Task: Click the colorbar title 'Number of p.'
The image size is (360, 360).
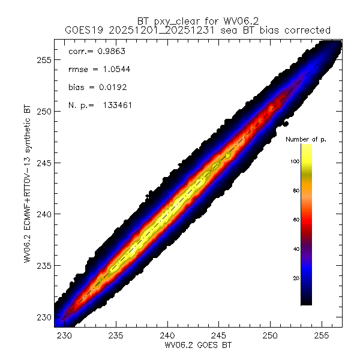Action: (305, 139)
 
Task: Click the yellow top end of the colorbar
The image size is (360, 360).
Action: (306, 147)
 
